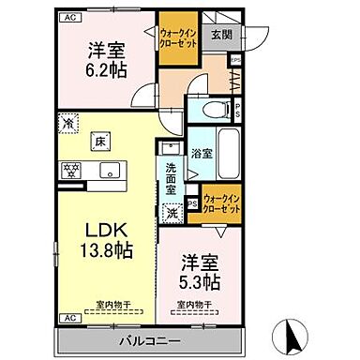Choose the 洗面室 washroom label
pyautogui.click(x=171, y=179)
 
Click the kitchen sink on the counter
pyautogui.click(x=110, y=171)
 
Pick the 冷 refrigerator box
pyautogui.click(x=67, y=122)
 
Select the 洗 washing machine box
pyautogui.click(x=172, y=213)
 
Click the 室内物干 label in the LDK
pyautogui.click(x=112, y=304)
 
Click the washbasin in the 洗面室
pyautogui.click(x=169, y=150)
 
